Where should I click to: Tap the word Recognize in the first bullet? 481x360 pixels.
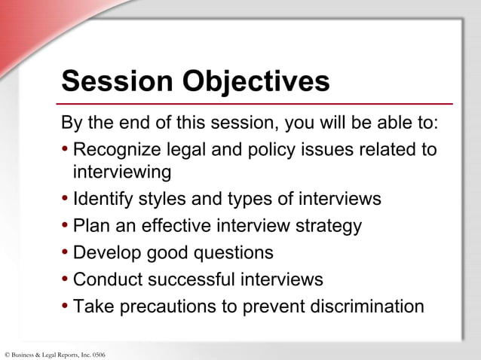point(115,149)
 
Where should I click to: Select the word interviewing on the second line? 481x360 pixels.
point(122,172)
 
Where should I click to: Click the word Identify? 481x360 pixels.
point(101,200)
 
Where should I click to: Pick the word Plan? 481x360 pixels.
point(90,226)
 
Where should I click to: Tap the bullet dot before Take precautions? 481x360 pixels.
point(66,307)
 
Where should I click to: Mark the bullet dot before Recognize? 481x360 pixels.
point(66,149)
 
